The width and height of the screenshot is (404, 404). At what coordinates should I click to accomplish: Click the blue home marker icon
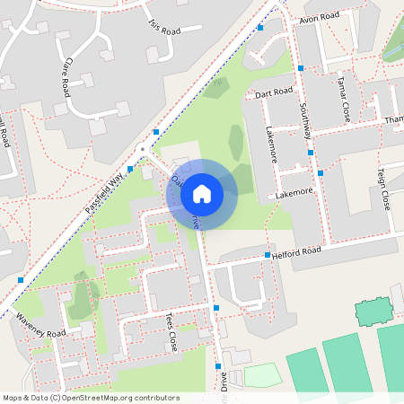[202, 193]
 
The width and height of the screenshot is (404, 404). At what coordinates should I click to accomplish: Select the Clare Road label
[66, 78]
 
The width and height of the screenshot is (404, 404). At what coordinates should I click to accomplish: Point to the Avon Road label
[320, 17]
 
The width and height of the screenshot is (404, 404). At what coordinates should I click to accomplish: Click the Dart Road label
[274, 92]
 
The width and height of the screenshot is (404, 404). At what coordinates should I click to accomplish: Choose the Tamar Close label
[346, 100]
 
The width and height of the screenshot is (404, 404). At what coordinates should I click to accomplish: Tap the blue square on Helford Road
[268, 256]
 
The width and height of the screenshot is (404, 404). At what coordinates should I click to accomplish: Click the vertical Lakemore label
[272, 144]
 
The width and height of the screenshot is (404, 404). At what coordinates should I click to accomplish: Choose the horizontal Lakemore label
[294, 193]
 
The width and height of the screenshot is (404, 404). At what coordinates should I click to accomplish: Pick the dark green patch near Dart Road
[215, 87]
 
